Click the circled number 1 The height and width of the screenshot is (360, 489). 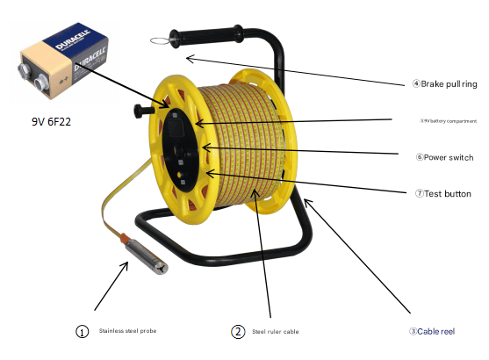coord(83,333)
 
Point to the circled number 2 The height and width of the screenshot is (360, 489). coord(238,332)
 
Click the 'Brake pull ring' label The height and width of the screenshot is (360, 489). coord(448,84)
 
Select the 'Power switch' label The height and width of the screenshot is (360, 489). coord(448,158)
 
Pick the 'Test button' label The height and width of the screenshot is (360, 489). coord(443,194)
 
